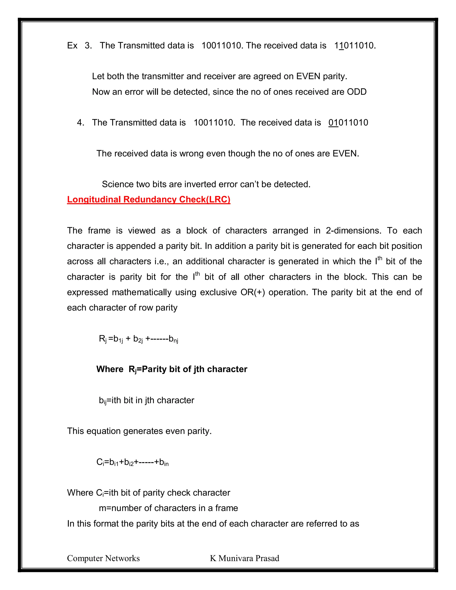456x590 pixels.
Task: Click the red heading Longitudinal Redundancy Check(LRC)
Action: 149,199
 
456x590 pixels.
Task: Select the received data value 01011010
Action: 348,123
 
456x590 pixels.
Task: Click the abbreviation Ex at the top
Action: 72,45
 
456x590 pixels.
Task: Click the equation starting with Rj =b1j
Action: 138,339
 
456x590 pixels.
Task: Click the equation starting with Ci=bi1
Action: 132,462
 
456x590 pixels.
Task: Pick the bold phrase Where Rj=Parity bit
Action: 171,369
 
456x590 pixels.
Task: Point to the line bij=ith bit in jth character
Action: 147,400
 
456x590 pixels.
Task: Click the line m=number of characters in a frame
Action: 168,508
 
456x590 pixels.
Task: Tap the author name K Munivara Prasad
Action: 244,558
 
